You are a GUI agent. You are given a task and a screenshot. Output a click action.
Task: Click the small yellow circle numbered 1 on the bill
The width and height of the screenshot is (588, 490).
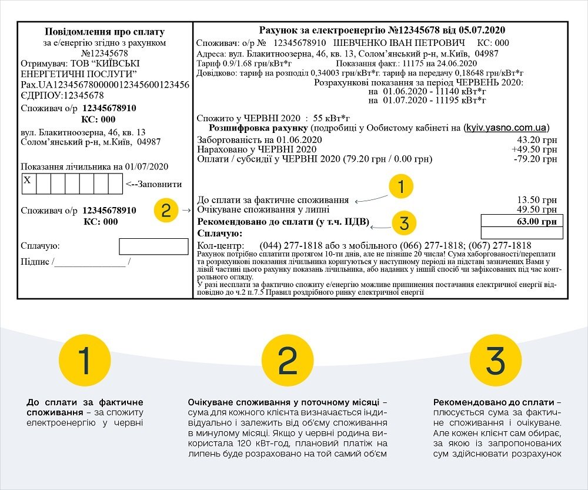pyautogui.click(x=400, y=188)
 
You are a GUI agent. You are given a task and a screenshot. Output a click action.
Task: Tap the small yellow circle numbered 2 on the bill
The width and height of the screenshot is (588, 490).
pyautogui.click(x=166, y=211)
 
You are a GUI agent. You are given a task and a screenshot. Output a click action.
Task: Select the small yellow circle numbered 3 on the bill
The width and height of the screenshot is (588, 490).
pyautogui.click(x=403, y=223)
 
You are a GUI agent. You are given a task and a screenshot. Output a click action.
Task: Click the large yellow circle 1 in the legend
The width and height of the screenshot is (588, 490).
pyautogui.click(x=85, y=361)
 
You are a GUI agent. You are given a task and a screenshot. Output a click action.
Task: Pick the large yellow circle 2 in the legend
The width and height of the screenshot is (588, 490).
pyautogui.click(x=288, y=361)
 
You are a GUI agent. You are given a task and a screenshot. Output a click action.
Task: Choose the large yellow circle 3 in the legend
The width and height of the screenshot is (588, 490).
pyautogui.click(x=496, y=361)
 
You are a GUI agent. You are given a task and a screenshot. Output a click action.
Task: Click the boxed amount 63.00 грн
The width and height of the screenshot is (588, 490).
pyautogui.click(x=522, y=221)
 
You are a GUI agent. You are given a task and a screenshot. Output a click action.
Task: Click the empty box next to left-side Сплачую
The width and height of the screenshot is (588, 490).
pyautogui.click(x=153, y=246)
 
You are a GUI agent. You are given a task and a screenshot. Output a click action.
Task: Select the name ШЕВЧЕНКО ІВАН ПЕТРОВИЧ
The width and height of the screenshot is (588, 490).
pyautogui.click(x=399, y=43)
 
